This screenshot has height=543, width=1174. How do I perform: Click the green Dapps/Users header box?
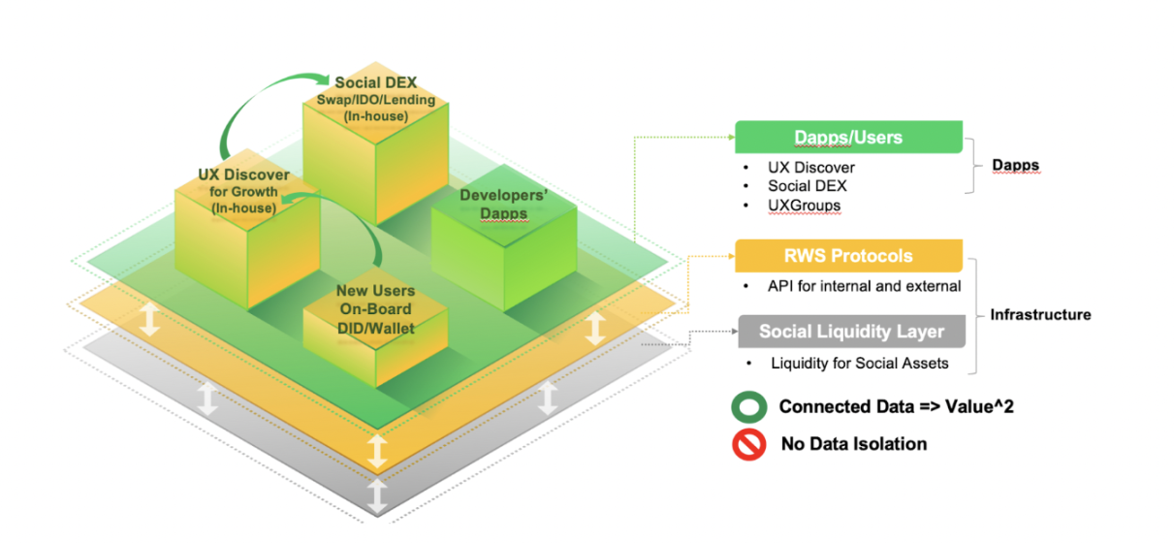click(848, 137)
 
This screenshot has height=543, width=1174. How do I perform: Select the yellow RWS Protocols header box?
click(848, 256)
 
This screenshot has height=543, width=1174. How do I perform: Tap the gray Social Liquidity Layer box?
click(851, 332)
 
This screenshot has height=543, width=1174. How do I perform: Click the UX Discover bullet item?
click(810, 168)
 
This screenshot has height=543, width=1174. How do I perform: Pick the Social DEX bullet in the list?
click(807, 186)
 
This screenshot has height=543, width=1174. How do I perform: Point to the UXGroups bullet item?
click(805, 206)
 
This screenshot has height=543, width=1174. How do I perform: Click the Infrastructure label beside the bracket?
click(1040, 314)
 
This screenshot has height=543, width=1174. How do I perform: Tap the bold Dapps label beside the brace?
click(1015, 166)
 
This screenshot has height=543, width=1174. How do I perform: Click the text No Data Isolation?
click(853, 444)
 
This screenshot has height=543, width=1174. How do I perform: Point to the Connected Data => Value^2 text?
click(897, 407)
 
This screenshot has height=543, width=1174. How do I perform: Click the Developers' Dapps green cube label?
click(503, 205)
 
